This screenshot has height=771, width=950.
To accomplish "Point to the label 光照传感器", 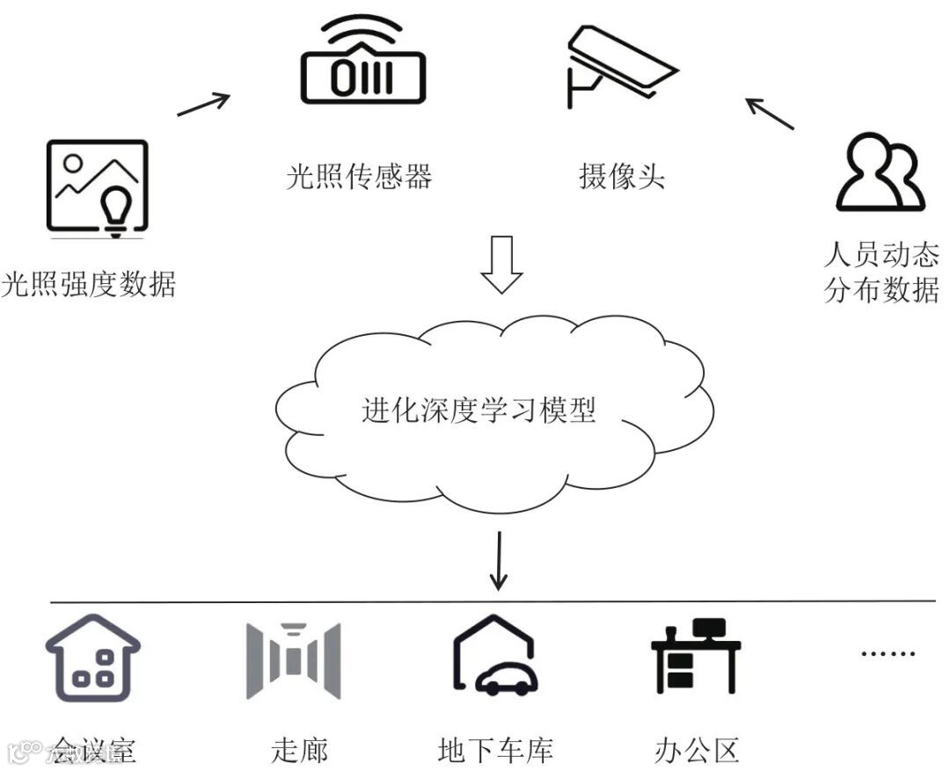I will point(360,177).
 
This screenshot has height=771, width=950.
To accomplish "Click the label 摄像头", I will point(621,177).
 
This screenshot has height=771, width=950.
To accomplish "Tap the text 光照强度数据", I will point(89,285).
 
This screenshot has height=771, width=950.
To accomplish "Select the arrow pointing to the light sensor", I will point(203,104).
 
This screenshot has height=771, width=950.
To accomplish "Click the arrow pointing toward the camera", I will point(770,113).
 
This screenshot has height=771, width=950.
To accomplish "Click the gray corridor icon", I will point(293,659).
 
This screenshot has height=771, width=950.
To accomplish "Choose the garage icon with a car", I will point(495,657).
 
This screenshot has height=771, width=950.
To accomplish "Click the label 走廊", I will point(299,751).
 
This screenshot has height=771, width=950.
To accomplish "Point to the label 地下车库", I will point(495,751).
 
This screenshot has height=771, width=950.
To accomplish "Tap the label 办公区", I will point(697,751).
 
